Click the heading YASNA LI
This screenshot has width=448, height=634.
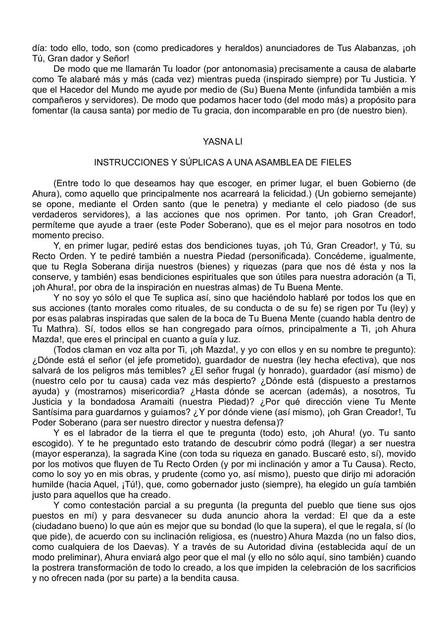click(223, 142)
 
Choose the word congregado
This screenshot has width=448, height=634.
click(158, 329)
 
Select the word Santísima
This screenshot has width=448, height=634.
click(54, 412)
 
